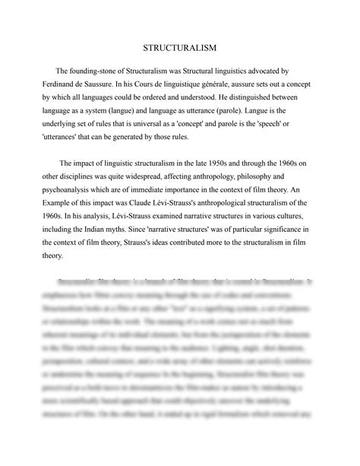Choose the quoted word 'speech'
290,125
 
